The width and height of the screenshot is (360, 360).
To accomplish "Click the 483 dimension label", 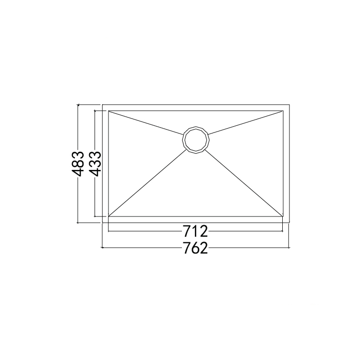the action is (78, 164).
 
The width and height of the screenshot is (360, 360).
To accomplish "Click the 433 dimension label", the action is (95, 164).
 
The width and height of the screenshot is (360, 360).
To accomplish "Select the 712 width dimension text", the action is (195, 231).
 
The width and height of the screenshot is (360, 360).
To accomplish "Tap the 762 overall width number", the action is (195, 248).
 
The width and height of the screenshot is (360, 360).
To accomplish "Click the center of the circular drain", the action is (196, 140).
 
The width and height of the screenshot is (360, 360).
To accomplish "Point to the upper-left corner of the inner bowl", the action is (108, 111).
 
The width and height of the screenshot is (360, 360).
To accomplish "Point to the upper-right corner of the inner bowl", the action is (283, 111).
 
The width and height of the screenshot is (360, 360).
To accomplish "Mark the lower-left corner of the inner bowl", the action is (108, 216).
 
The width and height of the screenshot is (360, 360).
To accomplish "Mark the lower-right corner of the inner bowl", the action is (283, 216).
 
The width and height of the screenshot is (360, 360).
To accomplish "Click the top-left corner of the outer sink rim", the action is (102, 105).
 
